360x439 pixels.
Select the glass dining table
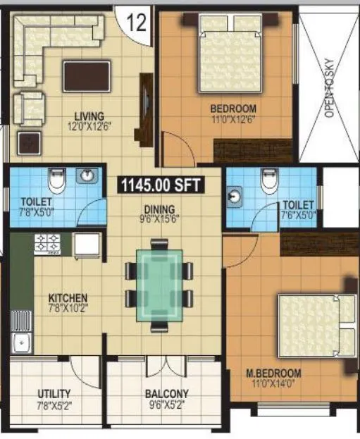pos(159,285)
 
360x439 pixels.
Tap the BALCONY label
pos(166,394)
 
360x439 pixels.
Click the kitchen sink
pos(20,345)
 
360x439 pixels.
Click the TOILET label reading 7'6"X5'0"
pos(298,210)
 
